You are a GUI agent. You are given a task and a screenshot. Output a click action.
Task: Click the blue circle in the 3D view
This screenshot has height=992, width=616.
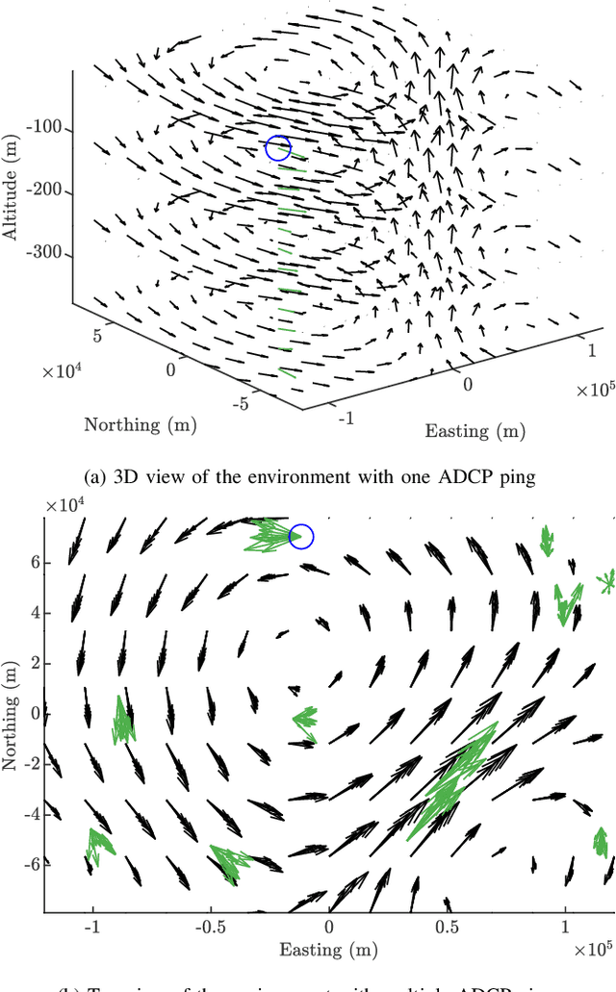tap(278, 148)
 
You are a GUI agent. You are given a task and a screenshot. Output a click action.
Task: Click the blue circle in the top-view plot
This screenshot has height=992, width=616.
tap(301, 537)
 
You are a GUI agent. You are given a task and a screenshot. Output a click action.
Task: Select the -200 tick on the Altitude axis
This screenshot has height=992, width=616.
tap(47, 191)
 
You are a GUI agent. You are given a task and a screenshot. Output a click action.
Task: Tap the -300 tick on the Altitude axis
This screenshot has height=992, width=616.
tap(47, 255)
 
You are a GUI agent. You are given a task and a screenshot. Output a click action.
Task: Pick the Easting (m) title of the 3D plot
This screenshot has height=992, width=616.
tap(475, 429)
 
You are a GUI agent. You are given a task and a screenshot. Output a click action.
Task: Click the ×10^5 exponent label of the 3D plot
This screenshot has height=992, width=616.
tap(595, 389)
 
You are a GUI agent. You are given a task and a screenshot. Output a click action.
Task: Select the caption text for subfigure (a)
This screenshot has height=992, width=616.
tap(307, 474)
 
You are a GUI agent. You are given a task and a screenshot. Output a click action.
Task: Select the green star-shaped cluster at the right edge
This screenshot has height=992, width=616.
tap(605, 581)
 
